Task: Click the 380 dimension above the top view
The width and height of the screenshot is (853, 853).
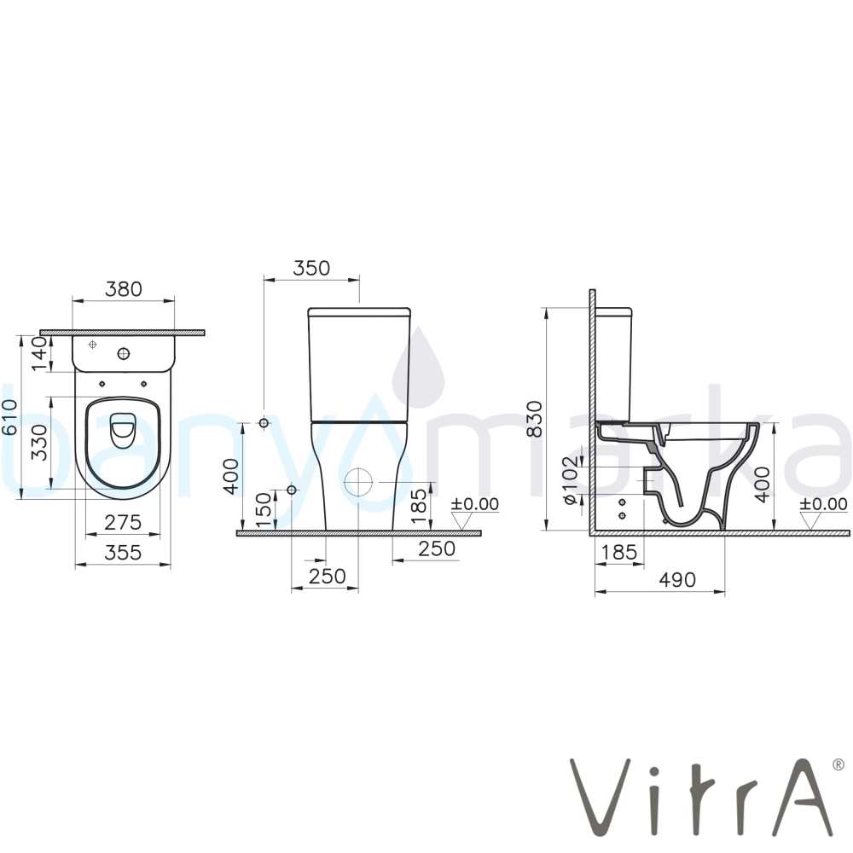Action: [124, 289]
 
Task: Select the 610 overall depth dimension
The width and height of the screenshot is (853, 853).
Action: [9, 417]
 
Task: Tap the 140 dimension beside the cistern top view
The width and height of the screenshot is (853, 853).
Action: [40, 354]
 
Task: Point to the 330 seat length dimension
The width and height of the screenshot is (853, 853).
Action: [40, 442]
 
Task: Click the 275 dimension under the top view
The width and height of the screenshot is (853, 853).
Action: [123, 522]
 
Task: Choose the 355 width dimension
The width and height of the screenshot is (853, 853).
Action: [123, 553]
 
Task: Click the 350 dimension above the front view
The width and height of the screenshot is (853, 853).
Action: [311, 268]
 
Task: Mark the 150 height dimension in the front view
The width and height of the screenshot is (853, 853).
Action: [264, 510]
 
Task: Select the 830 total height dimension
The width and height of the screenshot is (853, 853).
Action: [535, 419]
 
